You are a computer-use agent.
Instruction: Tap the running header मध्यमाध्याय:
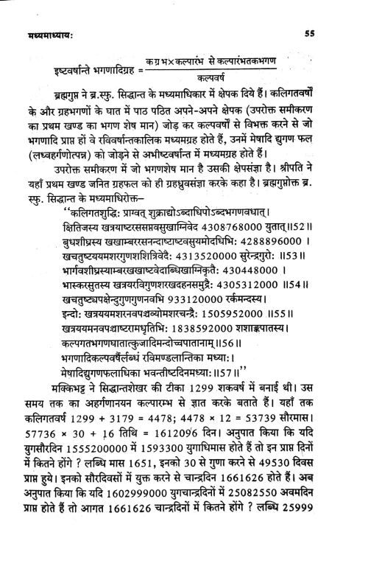click(46, 35)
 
